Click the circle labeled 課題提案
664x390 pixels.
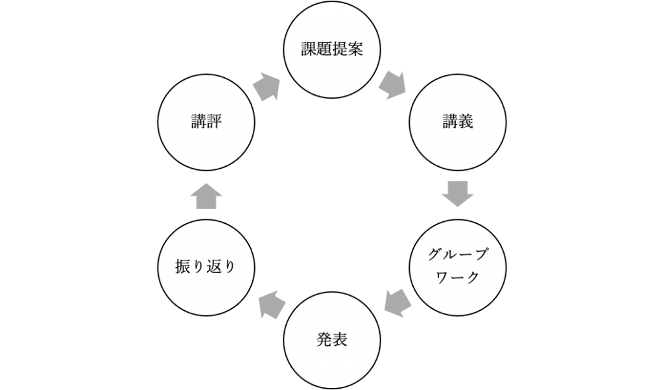pos(332,51)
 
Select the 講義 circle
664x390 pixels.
pos(458,121)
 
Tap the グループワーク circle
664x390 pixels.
pos(458,266)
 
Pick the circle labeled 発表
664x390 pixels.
pos(332,339)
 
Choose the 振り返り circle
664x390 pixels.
pos(206,266)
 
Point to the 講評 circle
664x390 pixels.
pos(206,121)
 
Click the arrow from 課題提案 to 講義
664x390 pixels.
pos(392,85)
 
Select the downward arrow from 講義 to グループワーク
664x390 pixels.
pos(458,194)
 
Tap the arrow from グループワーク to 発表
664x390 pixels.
pos(397,301)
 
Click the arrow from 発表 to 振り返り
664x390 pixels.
pos(272,303)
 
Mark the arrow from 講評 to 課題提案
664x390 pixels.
pos(266,86)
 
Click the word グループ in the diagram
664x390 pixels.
pos(457,254)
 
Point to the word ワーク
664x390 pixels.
pos(457,278)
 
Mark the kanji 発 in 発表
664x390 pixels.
pos(324,339)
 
